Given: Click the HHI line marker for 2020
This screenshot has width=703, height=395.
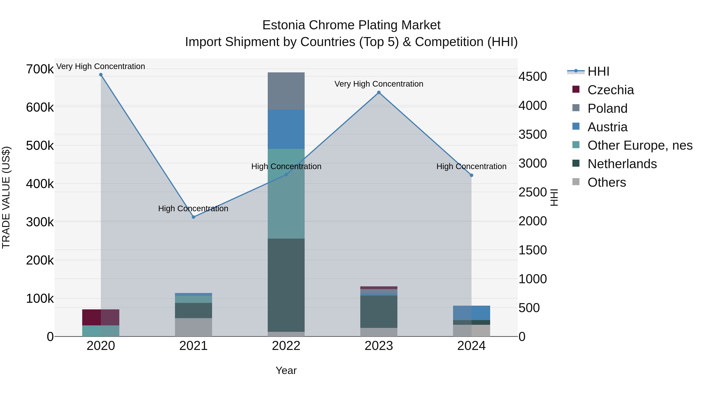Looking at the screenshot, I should (101, 75).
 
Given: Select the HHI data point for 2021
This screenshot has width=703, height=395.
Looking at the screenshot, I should (194, 217).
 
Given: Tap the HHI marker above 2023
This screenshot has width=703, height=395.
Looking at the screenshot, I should (379, 92).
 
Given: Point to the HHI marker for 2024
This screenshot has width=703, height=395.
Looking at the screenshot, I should (471, 175).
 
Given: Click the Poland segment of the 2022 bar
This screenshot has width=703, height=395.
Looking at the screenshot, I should (286, 91).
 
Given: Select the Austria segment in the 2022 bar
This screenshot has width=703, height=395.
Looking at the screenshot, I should (286, 129).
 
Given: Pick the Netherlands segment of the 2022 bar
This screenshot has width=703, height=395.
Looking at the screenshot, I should (286, 285).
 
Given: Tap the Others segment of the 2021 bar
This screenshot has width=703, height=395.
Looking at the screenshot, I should (194, 327).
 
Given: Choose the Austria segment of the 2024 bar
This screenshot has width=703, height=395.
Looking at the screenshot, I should (471, 313).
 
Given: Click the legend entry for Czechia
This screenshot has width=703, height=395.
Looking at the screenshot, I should (610, 90).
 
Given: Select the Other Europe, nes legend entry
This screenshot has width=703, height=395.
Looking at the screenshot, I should (640, 145).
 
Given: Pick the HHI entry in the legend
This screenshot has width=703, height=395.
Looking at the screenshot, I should (598, 71).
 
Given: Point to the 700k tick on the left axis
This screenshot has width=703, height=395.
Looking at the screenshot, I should (40, 69).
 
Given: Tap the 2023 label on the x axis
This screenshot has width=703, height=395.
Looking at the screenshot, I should (379, 346).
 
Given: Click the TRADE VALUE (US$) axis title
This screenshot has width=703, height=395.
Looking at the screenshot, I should (6, 197).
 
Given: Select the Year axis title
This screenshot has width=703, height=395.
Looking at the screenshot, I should (286, 370).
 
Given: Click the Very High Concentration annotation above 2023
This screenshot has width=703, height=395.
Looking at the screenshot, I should (379, 84).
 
